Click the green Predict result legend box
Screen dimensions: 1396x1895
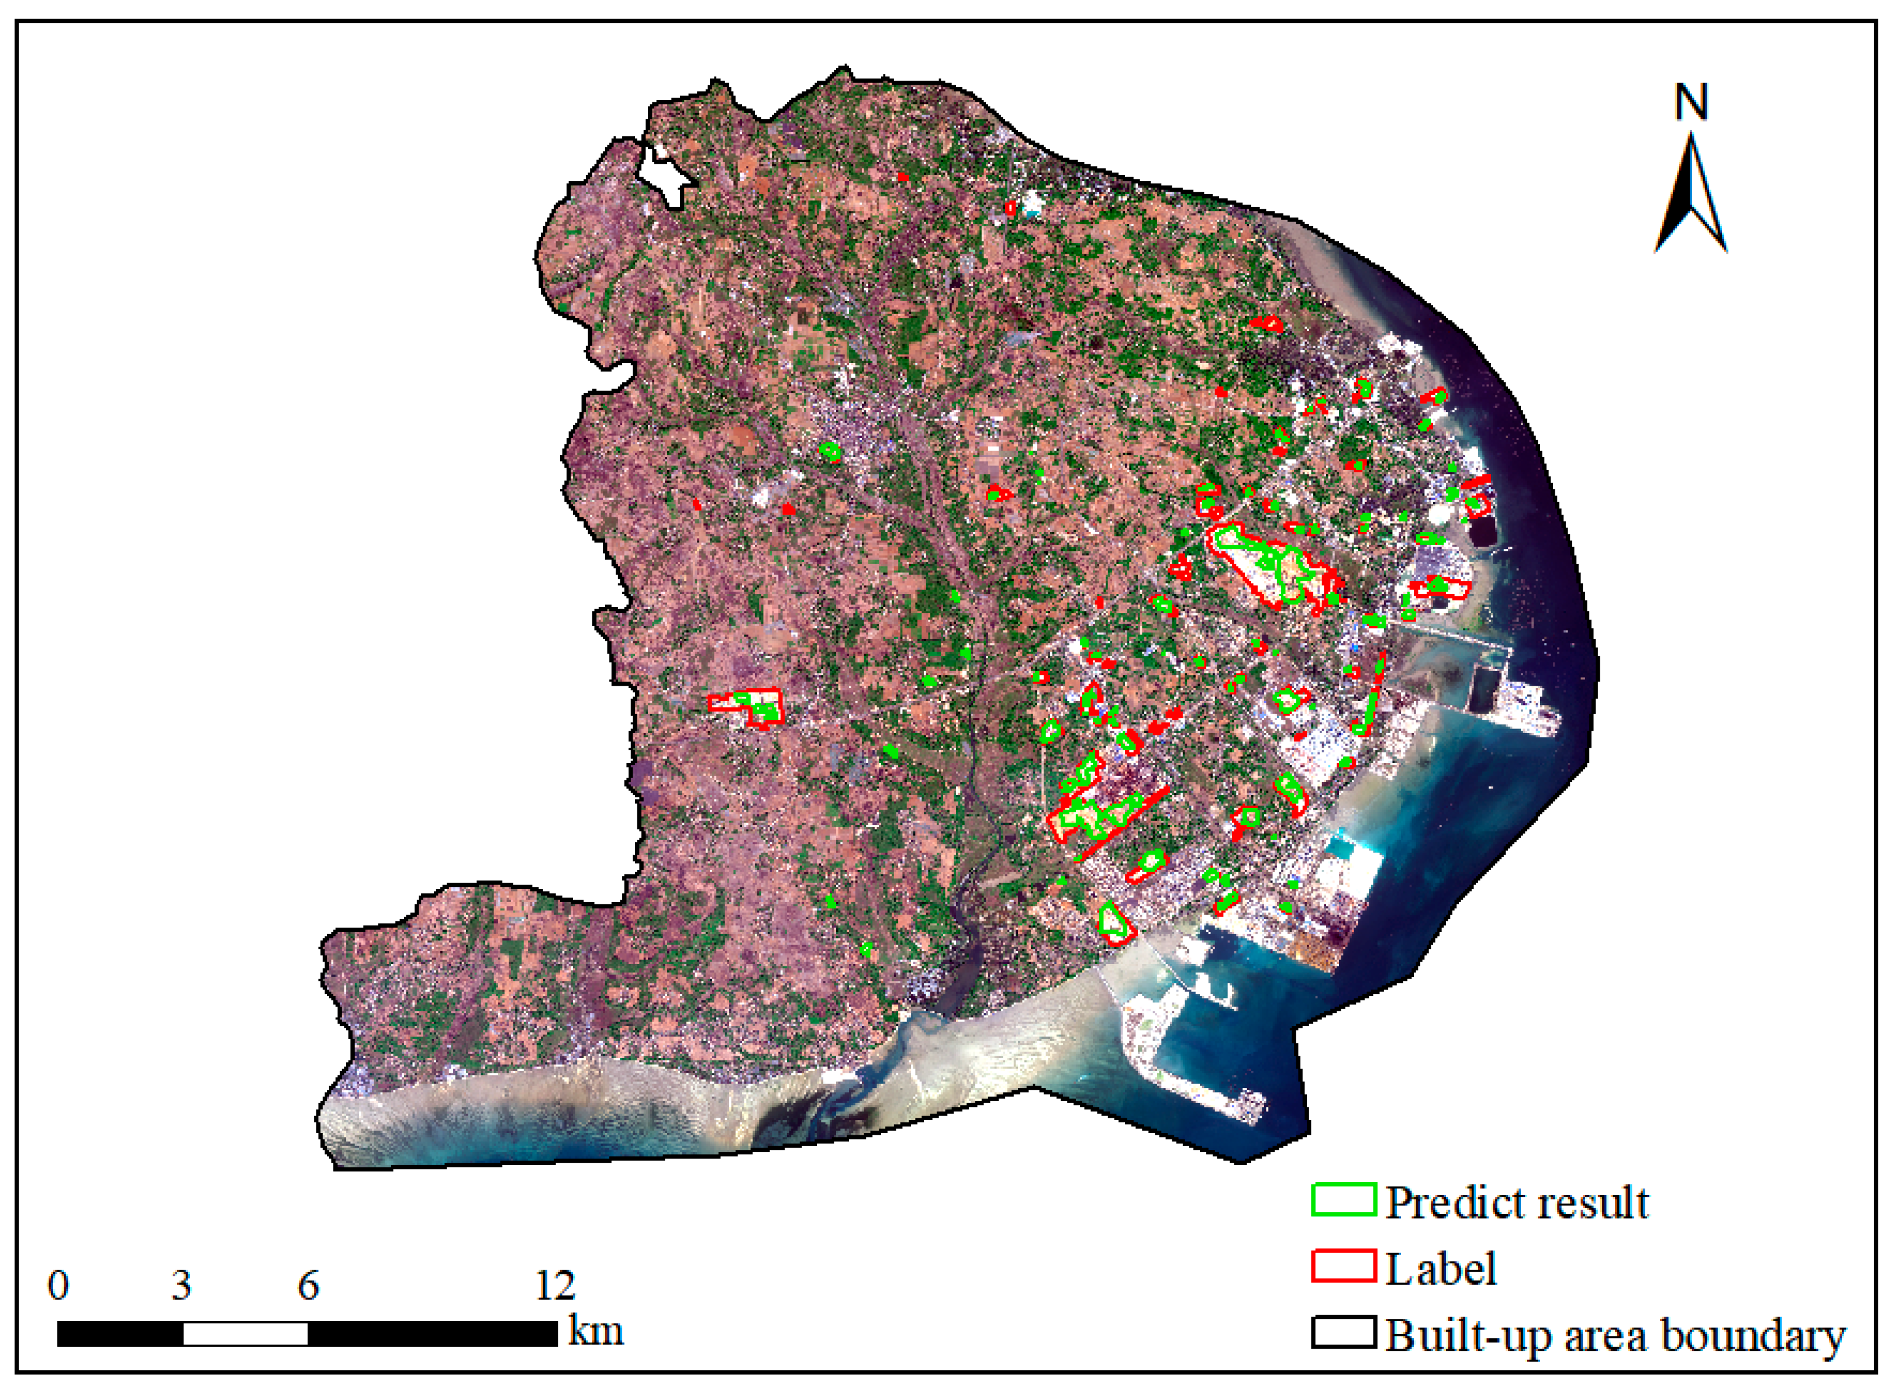(1343, 1200)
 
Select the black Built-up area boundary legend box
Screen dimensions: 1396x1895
(1343, 1333)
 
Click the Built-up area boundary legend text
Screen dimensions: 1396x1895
(1614, 1335)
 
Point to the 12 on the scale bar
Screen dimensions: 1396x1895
(555, 1286)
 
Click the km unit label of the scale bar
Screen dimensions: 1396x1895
(596, 1331)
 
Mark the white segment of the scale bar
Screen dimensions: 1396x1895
(245, 1333)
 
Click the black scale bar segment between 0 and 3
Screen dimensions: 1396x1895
(120, 1333)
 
